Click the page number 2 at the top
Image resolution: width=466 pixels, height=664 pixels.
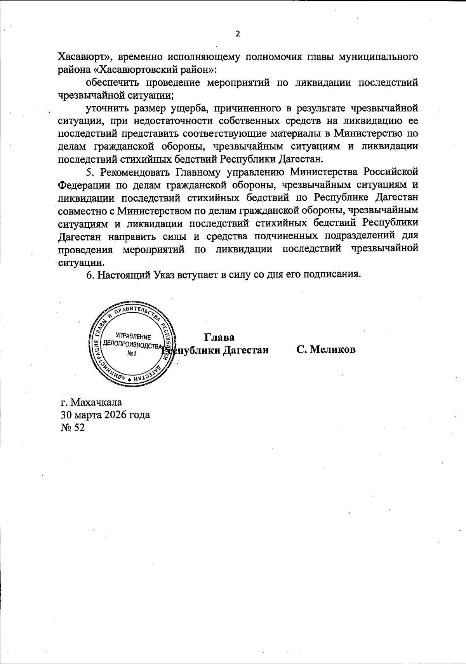pyautogui.click(x=238, y=34)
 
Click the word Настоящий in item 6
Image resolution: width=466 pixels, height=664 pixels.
pyautogui.click(x=124, y=274)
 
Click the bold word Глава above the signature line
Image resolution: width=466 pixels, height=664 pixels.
pyautogui.click(x=219, y=336)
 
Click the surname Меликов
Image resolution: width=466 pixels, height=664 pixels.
pyautogui.click(x=331, y=349)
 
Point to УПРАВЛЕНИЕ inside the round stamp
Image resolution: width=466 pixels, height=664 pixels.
pyautogui.click(x=133, y=336)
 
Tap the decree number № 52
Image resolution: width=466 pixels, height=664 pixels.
pyautogui.click(x=73, y=427)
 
